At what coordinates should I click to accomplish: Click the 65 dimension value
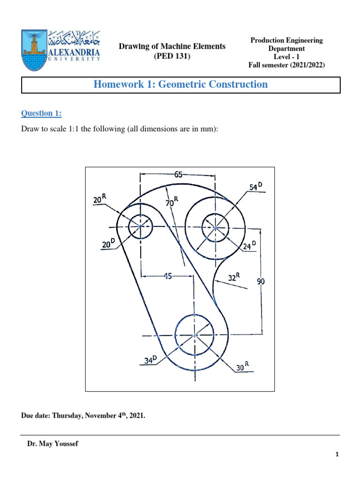[x=178, y=175]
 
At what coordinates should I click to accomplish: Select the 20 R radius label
[x=99, y=199]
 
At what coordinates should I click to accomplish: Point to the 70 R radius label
[x=172, y=202]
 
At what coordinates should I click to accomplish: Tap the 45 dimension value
[x=168, y=277]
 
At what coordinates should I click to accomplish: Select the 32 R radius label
[x=234, y=277]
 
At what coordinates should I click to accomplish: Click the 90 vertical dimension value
[x=262, y=281]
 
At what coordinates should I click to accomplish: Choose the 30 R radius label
[x=242, y=367]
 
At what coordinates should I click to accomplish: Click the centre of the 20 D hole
[x=140, y=226]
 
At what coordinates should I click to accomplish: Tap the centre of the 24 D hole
[x=215, y=228]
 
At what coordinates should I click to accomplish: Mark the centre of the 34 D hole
[x=195, y=335]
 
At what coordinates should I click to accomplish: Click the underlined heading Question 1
[x=41, y=113]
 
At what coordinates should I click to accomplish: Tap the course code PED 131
[x=172, y=56]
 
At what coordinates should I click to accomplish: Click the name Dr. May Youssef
[x=53, y=444]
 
